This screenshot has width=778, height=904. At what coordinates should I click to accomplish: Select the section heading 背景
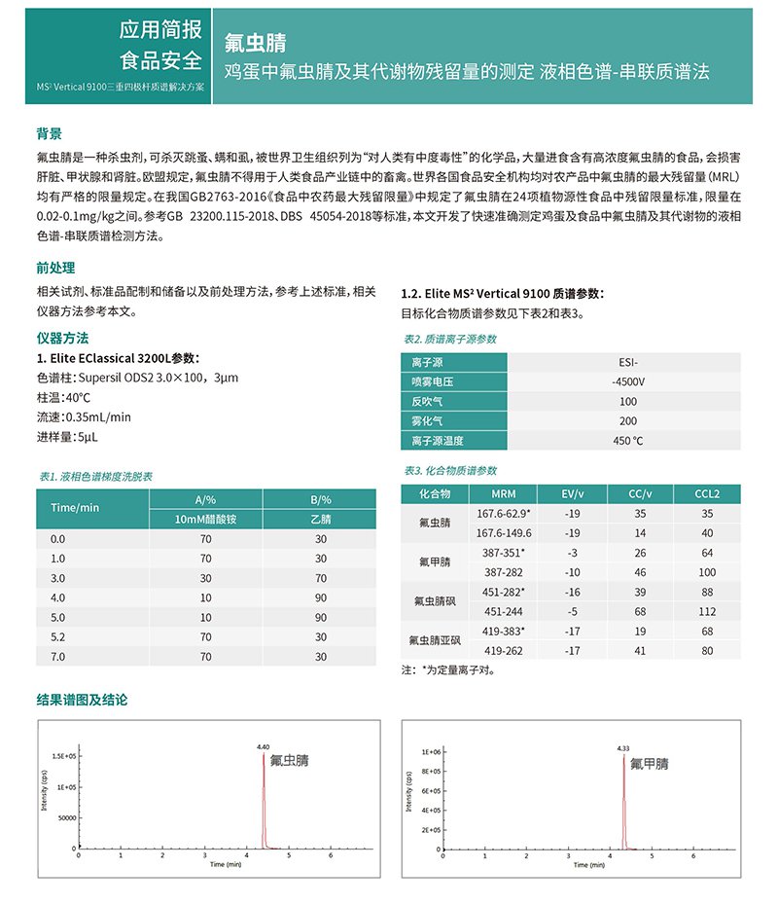[50, 133]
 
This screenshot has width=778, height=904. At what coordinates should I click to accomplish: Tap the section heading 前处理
[55, 268]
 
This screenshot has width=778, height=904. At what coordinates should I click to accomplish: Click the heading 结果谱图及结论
[82, 700]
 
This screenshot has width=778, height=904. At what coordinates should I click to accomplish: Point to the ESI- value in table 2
[627, 361]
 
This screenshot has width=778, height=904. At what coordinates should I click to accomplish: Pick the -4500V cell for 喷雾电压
[627, 380]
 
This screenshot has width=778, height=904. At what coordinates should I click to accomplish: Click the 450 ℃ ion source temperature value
[627, 441]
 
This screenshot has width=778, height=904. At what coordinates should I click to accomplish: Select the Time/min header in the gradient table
[75, 508]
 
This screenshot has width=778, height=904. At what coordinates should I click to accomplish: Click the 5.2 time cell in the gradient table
[57, 638]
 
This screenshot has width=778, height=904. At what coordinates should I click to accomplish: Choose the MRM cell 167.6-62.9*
[504, 513]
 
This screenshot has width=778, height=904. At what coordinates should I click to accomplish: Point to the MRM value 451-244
[504, 612]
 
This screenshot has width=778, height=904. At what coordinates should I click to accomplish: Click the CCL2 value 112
[707, 612]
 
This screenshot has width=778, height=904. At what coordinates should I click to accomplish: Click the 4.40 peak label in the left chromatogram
[263, 746]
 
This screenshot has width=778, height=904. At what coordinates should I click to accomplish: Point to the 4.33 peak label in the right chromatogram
[623, 748]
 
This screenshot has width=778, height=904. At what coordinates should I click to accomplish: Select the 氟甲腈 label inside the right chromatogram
[649, 764]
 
